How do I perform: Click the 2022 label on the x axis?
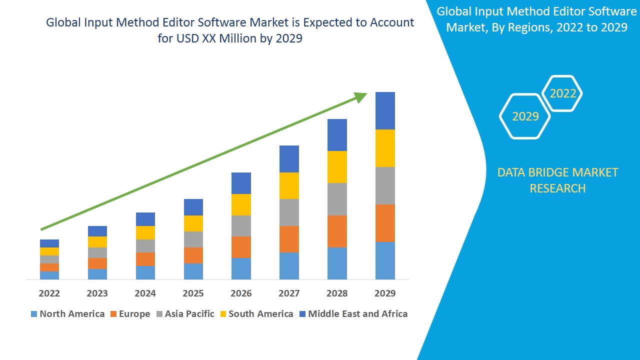[x=49, y=293]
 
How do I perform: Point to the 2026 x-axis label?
[x=241, y=293]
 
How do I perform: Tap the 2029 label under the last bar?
[x=385, y=293]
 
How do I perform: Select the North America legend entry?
[x=67, y=314]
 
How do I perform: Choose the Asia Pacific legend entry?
[x=185, y=314]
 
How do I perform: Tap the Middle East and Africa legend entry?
[x=353, y=314]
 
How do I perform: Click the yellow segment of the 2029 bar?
[x=385, y=148]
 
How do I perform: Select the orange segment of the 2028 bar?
[x=337, y=231]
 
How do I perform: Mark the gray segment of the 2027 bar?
[x=289, y=212]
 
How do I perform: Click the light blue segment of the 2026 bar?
[x=241, y=268]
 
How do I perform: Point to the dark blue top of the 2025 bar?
[x=193, y=207]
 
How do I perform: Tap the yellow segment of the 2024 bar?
[x=145, y=232]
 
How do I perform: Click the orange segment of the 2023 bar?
[x=97, y=263]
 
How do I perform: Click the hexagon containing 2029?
[x=525, y=116]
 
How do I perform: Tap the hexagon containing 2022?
[x=563, y=93]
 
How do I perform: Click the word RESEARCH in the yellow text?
[x=557, y=188]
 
